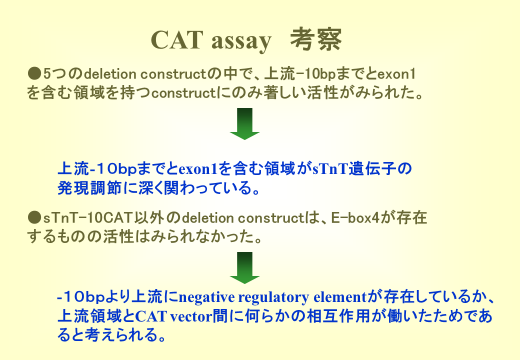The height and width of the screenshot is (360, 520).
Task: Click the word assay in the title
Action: point(241,41)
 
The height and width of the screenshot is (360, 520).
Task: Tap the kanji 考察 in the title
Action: point(315,39)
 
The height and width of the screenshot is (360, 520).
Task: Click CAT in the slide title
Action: point(177,40)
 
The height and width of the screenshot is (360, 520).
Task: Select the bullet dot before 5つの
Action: point(34,73)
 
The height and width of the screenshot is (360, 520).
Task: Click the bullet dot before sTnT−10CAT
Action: point(34,218)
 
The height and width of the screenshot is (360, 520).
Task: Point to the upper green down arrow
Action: point(244,123)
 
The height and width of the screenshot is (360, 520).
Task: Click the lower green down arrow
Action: point(244,268)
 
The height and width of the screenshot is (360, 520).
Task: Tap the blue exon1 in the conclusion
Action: point(198,169)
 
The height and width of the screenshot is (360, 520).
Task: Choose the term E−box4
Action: point(355,218)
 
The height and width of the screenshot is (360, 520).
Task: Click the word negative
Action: point(207,297)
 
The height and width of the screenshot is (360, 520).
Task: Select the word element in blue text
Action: point(340,297)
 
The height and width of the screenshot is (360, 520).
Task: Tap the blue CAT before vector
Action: point(151,316)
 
